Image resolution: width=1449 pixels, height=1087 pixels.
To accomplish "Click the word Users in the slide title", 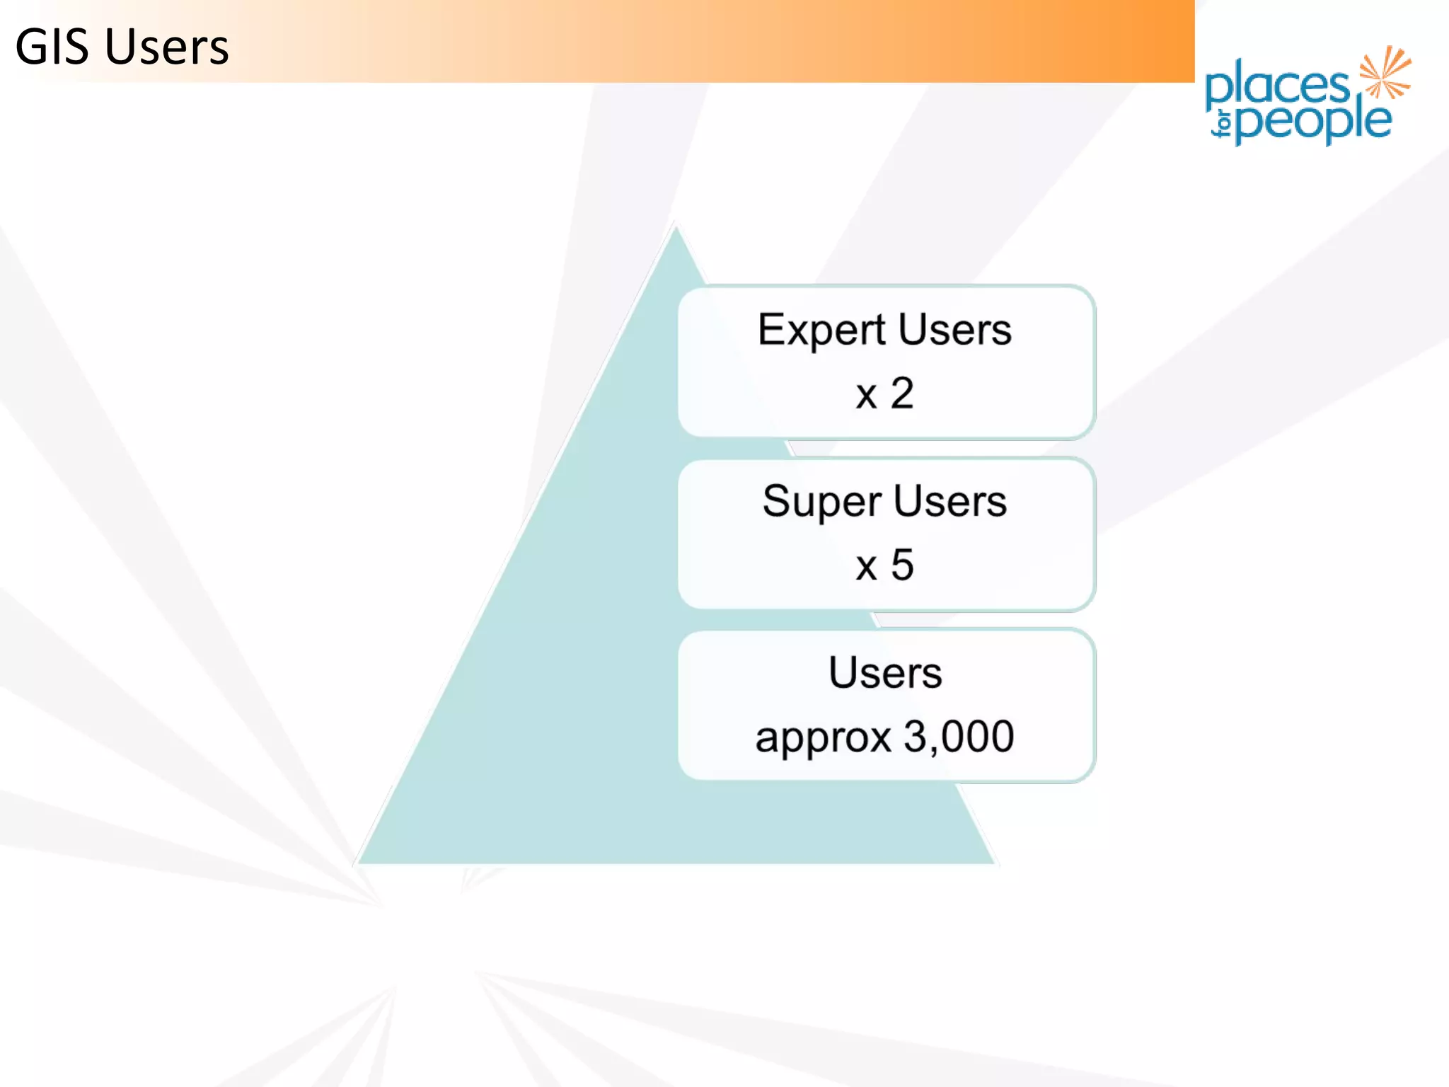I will click(167, 47).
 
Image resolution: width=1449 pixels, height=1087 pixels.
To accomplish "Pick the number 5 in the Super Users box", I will click(902, 565).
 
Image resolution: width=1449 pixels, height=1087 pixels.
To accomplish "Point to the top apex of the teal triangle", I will click(676, 230).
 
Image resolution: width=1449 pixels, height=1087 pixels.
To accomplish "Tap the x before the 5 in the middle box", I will click(866, 567).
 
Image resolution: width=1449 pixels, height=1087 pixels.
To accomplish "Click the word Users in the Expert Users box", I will click(955, 330).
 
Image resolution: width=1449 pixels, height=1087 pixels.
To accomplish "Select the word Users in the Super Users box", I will click(950, 501).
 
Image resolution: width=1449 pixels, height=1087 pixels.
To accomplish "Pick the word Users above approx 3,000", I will click(885, 672).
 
